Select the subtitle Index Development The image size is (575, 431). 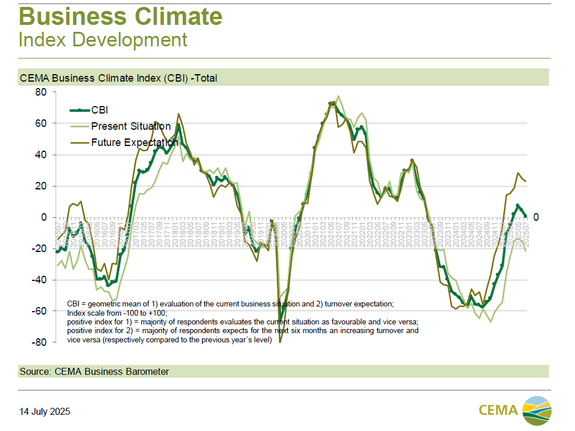pos(103,40)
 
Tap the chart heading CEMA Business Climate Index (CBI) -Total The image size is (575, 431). pos(118,78)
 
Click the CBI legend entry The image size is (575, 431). pos(100,110)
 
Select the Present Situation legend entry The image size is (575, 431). pos(130,126)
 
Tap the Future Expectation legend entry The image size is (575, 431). pos(134,143)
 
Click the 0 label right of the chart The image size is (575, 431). pos(536,217)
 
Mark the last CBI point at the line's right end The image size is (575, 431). pos(525,216)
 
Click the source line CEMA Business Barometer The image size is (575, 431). pos(94,371)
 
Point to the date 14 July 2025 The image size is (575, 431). pos(45,412)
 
